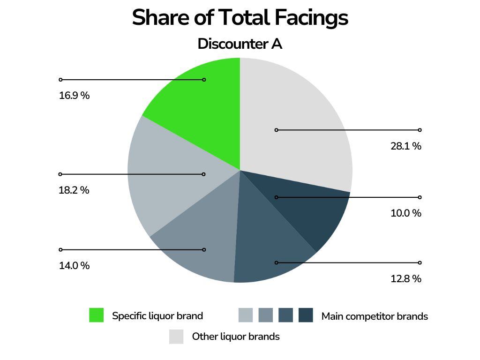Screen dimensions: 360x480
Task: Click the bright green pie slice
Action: click(x=206, y=108)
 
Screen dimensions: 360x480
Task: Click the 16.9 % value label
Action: click(x=74, y=96)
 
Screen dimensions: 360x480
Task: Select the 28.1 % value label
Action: click(x=406, y=146)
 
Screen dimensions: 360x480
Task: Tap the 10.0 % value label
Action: click(x=406, y=213)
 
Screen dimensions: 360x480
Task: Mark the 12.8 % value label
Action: click(x=406, y=279)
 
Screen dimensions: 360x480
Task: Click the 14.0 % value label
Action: click(x=74, y=266)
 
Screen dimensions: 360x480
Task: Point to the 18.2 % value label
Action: click(x=74, y=191)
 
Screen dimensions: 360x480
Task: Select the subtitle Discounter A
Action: click(x=240, y=44)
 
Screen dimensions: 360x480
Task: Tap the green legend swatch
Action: click(x=96, y=315)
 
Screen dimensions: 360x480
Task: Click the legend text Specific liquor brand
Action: click(x=157, y=316)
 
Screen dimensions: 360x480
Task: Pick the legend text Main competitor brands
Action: click(x=375, y=316)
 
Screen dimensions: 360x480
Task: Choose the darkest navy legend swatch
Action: click(x=306, y=315)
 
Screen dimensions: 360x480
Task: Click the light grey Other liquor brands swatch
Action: click(x=176, y=337)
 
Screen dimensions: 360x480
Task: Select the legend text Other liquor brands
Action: click(x=236, y=337)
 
